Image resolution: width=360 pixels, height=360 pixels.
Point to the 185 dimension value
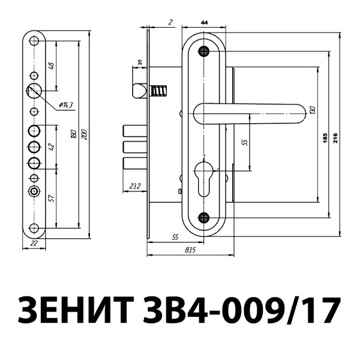pyautogui.click(x=325, y=139)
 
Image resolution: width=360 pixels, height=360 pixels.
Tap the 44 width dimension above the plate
pyautogui.click(x=204, y=22)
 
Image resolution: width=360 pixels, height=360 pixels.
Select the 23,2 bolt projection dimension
pyautogui.click(x=135, y=187)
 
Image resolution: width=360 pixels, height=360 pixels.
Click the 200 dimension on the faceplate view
pyautogui.click(x=84, y=136)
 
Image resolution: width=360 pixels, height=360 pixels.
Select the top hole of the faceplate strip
pyautogui.click(x=34, y=42)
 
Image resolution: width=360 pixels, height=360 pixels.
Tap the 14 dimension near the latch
pyautogui.click(x=140, y=62)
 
